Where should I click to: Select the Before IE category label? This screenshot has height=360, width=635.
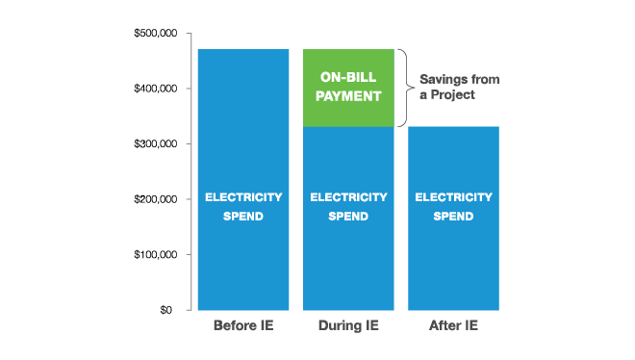(242, 325)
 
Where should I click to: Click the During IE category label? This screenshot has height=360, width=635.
(348, 325)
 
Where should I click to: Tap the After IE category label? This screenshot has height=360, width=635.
(452, 325)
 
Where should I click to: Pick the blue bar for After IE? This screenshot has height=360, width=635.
(452, 260)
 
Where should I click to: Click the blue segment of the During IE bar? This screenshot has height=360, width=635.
(348, 260)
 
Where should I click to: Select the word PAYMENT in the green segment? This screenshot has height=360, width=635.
(348, 96)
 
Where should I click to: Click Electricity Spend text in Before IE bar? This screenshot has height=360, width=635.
(242, 206)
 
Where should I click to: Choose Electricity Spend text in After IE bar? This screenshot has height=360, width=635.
(452, 206)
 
